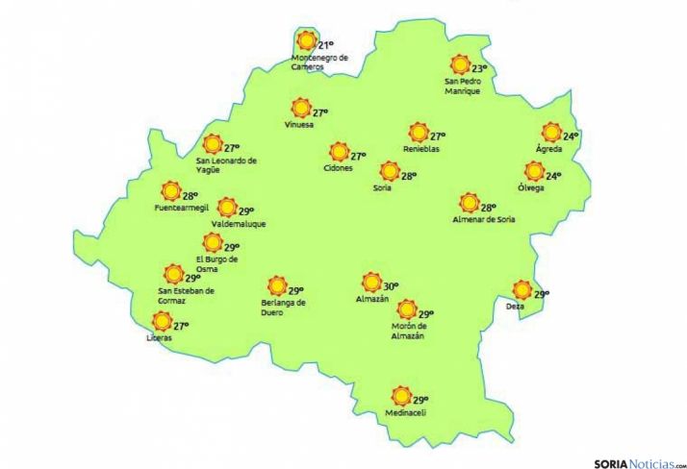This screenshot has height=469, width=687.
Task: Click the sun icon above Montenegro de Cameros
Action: (307, 41)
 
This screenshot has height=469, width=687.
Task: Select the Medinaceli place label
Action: (404, 414)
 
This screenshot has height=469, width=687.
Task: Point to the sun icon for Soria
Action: (389, 173)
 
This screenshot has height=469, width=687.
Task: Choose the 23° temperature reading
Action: (478, 68)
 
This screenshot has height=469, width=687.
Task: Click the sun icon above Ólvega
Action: (534, 172)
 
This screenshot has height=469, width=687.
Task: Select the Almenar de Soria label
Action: (484, 220)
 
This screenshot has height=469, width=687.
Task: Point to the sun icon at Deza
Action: (522, 289)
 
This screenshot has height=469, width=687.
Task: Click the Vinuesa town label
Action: (299, 126)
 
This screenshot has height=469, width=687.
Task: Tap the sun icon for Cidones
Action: (339, 152)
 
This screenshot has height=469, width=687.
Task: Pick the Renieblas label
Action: (421, 150)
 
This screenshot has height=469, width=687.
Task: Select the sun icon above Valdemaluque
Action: (226, 208)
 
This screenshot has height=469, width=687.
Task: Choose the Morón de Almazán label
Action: (408, 331)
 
